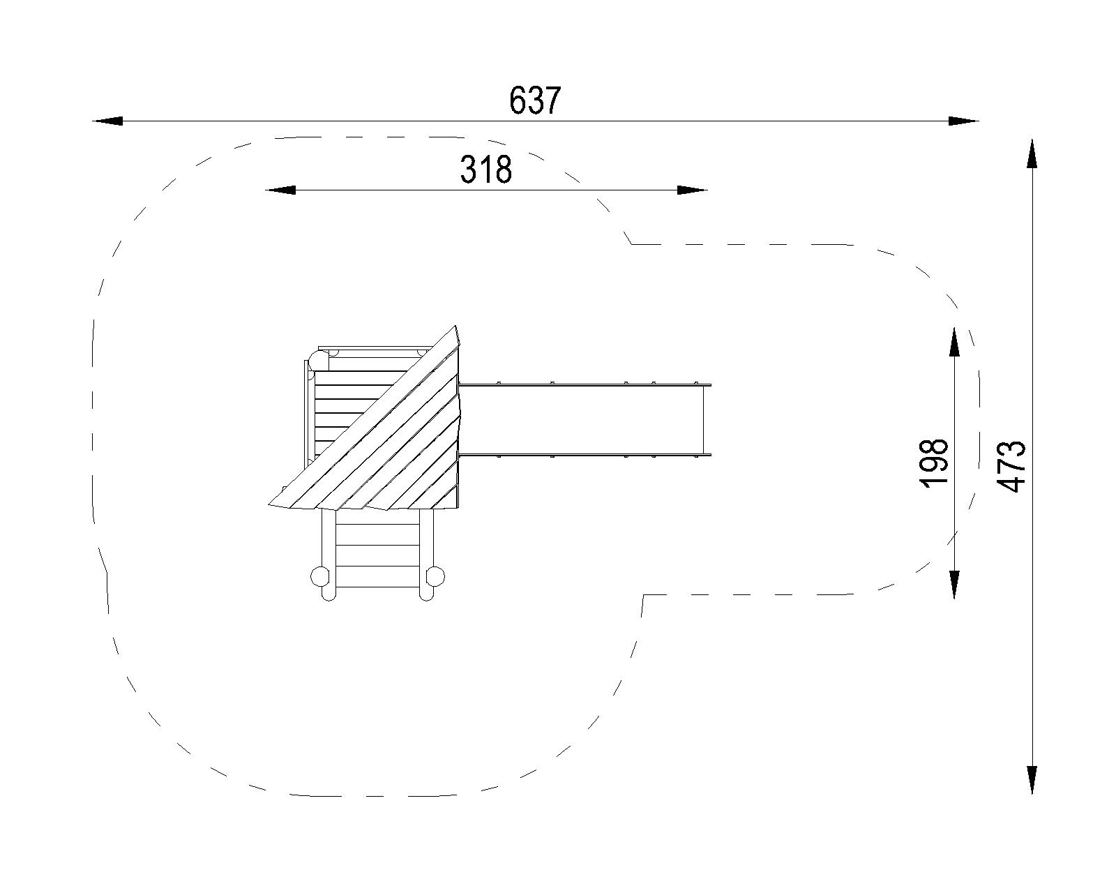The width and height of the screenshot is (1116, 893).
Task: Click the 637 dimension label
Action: (x=535, y=100)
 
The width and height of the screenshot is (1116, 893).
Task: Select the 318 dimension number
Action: (x=486, y=170)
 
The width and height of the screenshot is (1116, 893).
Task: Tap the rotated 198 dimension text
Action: (x=934, y=463)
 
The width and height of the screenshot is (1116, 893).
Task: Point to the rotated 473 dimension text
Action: (x=1011, y=466)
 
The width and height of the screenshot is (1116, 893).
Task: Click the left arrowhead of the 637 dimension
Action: (x=108, y=121)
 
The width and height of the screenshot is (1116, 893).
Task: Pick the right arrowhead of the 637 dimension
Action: (x=963, y=121)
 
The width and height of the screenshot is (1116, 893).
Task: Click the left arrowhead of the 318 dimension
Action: (x=280, y=190)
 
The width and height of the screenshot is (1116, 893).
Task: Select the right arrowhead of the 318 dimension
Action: (x=693, y=190)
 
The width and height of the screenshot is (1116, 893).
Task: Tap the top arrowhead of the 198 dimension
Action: (x=954, y=341)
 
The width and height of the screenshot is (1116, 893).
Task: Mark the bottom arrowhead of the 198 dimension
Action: (x=954, y=584)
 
